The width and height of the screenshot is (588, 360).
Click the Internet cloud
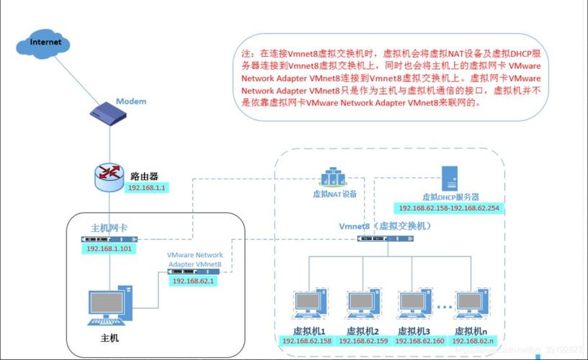[x=45, y=42]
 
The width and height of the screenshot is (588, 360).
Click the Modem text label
[x=131, y=102]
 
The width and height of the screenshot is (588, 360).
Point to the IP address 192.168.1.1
[x=147, y=187]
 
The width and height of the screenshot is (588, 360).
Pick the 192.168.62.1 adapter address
[x=194, y=282]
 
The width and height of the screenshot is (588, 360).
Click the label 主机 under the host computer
[x=109, y=338]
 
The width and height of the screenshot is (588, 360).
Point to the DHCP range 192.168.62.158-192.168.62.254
[x=449, y=208]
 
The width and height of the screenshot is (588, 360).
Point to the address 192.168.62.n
[x=473, y=341]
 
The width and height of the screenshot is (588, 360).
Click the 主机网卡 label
[x=109, y=228]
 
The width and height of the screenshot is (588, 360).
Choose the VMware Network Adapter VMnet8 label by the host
[x=195, y=260]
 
